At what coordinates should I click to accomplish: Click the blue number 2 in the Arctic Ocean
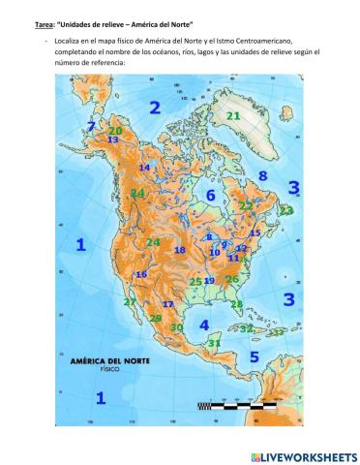(x=155, y=107)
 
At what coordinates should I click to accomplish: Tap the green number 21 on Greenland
(x=233, y=115)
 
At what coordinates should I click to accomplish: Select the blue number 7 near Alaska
(x=92, y=126)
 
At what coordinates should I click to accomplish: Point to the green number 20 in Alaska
(x=115, y=130)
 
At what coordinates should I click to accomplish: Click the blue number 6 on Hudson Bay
(x=210, y=196)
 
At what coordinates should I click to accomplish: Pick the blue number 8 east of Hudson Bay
(x=262, y=175)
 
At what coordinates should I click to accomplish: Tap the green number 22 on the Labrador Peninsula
(x=246, y=205)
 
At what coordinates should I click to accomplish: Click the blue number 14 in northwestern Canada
(x=144, y=168)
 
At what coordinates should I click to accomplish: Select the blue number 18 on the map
(x=179, y=250)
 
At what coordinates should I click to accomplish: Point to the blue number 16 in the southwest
(x=141, y=274)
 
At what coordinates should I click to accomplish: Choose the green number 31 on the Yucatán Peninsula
(x=215, y=343)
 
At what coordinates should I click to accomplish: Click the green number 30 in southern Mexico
(x=176, y=327)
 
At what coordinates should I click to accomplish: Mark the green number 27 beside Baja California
(x=130, y=302)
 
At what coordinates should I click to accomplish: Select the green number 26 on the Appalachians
(x=231, y=279)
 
